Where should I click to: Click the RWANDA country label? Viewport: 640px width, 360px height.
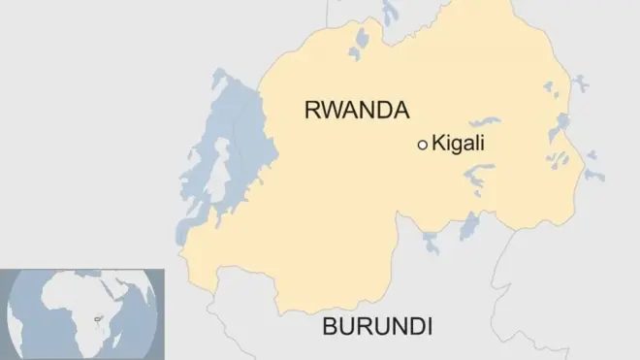click(356, 110)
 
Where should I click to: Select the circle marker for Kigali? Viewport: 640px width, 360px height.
click(422, 145)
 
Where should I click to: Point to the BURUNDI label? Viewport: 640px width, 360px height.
click(377, 325)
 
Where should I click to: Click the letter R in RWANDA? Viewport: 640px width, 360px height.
click(312, 110)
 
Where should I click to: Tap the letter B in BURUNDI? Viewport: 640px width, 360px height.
click(331, 325)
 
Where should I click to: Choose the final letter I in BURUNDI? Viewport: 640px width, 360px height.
click(428, 325)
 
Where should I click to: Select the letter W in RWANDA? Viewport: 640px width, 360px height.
click(332, 110)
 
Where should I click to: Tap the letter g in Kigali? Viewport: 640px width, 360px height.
click(457, 146)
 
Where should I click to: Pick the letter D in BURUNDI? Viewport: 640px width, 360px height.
click(413, 325)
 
